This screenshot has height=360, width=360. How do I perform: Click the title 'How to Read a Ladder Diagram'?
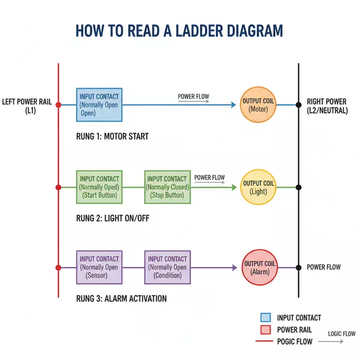pos(179,31)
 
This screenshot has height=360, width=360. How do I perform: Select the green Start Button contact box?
pos(100,187)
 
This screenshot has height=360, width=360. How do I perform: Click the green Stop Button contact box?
pos(167,187)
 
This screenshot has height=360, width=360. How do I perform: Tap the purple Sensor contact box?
pos(100,268)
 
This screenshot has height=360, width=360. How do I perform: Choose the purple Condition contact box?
pos(167,268)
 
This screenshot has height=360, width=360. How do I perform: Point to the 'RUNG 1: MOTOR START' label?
pos(112,137)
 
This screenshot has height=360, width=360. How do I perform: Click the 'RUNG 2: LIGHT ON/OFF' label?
pos(113,218)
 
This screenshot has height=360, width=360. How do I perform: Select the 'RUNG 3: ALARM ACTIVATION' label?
pos(121,298)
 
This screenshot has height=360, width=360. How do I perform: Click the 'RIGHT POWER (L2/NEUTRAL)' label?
pos(327,106)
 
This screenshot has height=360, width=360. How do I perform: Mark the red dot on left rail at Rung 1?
pos(58,105)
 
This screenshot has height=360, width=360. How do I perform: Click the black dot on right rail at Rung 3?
pos(298,268)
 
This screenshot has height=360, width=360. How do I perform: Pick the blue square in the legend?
pos(266,318)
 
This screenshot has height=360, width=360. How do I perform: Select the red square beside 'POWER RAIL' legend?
pos(266,329)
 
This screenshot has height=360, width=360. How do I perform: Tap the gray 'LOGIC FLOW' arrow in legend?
pos(331,341)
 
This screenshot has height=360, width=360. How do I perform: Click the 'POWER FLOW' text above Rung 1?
pos(193,97)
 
